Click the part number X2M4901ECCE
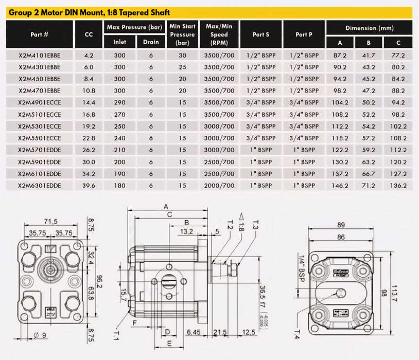pyautogui.click(x=39, y=103)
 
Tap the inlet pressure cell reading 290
pyautogui.click(x=119, y=103)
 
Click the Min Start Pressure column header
pyautogui.click(x=182, y=34)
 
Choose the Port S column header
pyautogui.click(x=261, y=34)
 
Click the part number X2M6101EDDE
pyautogui.click(x=39, y=174)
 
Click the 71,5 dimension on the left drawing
pyautogui.click(x=50, y=221)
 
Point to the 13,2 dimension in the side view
pyautogui.click(x=186, y=232)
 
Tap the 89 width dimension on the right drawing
pyautogui.click(x=341, y=225)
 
